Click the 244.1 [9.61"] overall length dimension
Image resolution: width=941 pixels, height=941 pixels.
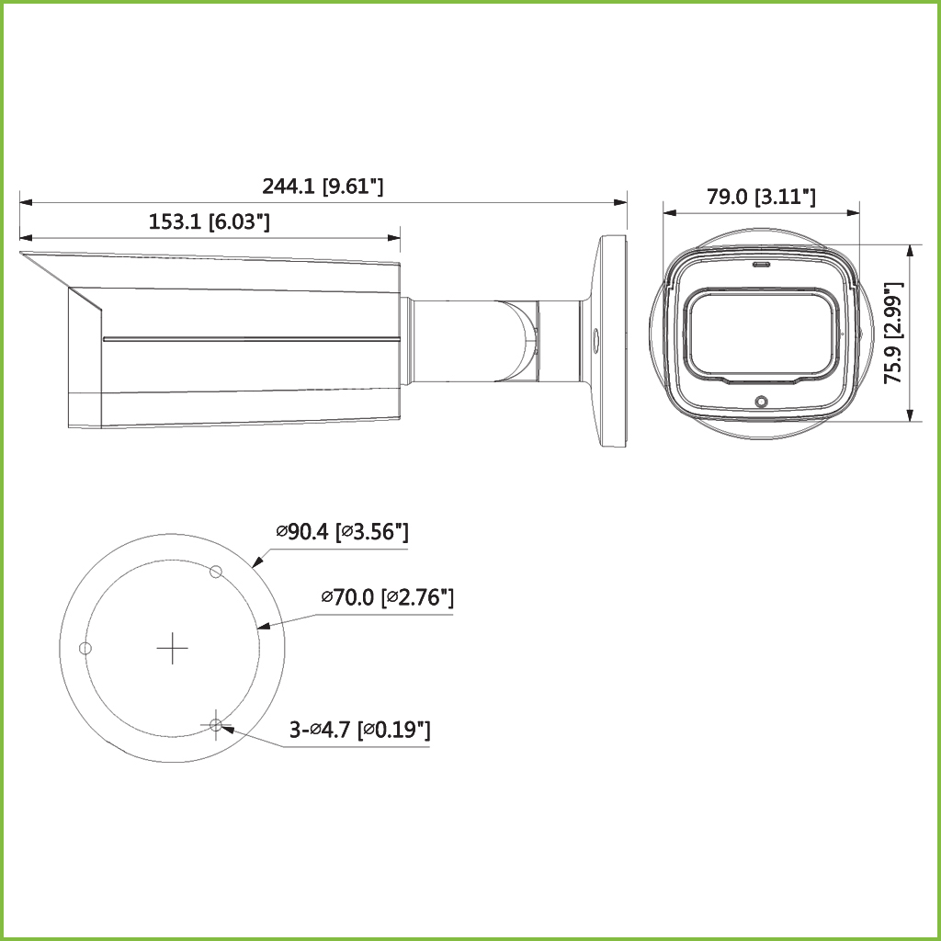323,187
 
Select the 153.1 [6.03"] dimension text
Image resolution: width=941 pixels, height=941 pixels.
209,222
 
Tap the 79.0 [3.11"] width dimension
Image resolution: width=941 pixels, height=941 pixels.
761,197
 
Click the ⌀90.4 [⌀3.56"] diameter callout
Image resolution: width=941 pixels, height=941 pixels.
342,532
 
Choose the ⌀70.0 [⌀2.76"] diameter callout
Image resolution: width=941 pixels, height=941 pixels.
387,597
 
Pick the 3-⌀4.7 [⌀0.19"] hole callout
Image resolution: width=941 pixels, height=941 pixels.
360,730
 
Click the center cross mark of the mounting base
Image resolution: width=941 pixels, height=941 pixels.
172,648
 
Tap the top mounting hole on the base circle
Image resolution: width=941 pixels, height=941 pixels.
216,572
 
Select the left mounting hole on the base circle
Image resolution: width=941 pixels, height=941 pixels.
85,648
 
